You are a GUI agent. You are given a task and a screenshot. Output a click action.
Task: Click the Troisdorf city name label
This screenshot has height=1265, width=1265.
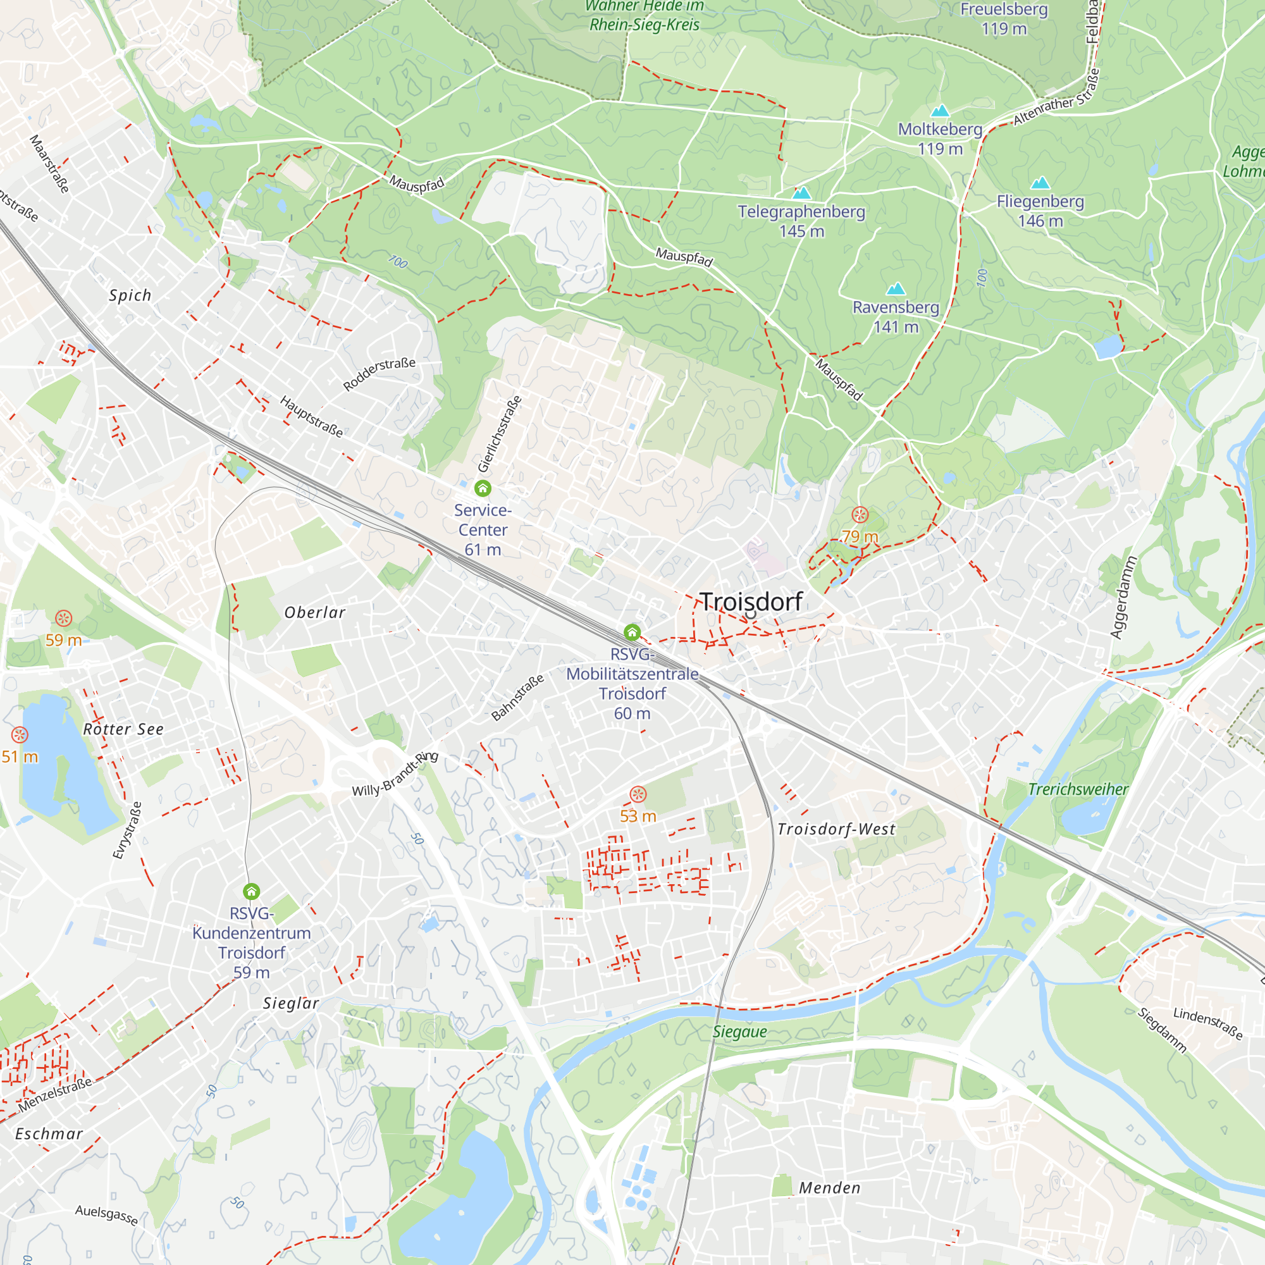point(751,602)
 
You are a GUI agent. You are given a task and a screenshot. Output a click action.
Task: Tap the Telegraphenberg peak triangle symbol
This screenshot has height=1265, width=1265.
point(801,193)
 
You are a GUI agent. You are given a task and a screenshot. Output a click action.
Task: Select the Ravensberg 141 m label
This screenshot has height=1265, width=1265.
point(895,317)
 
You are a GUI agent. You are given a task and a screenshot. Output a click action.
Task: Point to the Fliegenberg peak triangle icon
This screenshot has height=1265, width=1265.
point(1040,183)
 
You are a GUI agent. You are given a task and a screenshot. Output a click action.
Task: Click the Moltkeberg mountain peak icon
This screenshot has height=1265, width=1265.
point(940,111)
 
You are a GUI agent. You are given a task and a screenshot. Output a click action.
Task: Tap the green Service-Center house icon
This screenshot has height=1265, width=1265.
point(483,488)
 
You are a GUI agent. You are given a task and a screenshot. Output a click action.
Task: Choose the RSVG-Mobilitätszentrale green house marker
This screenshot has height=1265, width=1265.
point(632,632)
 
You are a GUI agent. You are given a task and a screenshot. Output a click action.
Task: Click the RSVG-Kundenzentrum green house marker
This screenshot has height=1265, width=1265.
point(252,891)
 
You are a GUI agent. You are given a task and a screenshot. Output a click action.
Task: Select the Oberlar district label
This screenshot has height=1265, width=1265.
point(315,612)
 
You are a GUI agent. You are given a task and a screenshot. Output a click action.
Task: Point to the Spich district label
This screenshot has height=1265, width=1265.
point(130,295)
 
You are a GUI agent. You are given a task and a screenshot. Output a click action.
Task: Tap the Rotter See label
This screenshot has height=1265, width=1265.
point(123,729)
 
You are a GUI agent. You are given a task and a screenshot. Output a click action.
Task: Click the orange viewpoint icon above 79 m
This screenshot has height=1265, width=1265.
point(860,515)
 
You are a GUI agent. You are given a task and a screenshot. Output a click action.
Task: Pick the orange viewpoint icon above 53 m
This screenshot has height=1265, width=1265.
point(638,794)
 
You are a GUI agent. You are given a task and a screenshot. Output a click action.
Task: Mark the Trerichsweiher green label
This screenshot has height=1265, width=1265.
point(1078,789)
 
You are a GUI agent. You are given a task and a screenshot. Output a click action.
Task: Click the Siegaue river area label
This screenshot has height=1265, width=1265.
point(740,1031)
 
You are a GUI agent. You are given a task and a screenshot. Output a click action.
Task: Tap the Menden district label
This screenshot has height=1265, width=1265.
point(830,1187)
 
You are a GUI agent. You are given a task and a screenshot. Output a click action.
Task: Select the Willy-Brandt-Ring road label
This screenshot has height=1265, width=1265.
point(395,774)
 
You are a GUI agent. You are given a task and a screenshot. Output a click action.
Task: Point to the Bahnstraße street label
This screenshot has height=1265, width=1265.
point(517,698)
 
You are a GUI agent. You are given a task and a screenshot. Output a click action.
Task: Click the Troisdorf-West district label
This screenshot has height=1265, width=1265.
point(836,829)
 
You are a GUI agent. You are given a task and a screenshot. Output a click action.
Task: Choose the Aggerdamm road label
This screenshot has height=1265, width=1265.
point(1123,597)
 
